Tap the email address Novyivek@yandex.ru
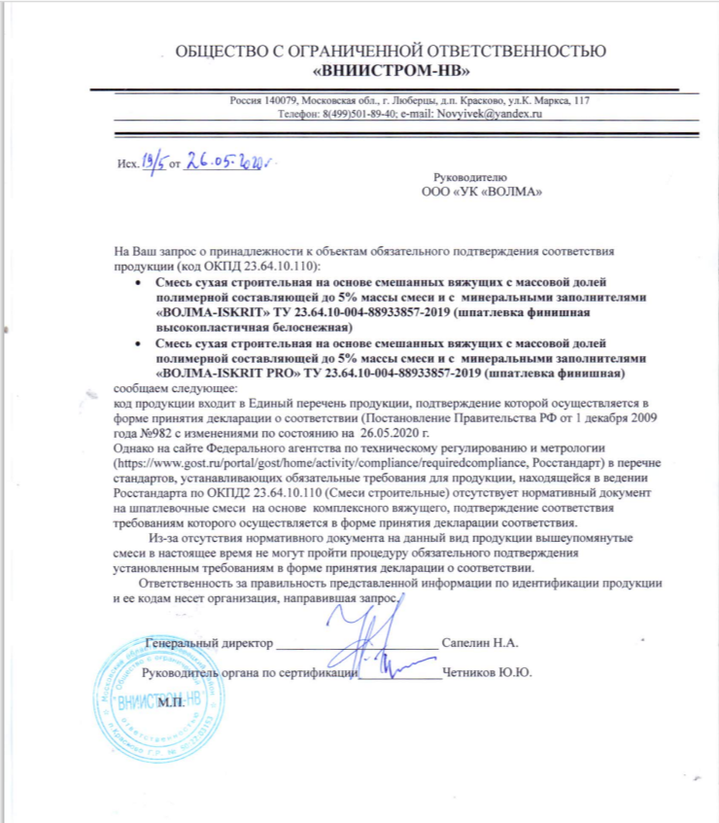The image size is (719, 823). [493, 114]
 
